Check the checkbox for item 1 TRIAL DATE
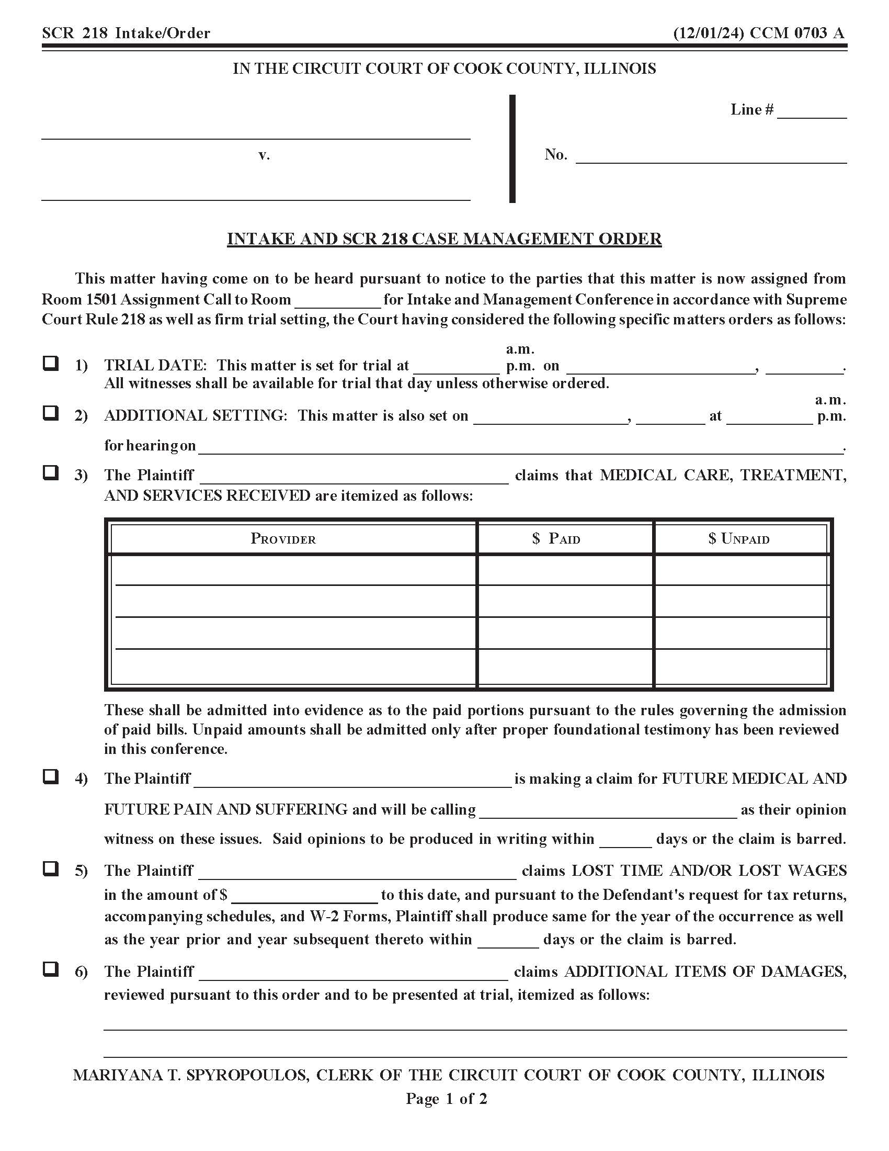(x=51, y=363)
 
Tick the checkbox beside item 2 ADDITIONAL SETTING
(x=51, y=413)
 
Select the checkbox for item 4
(x=51, y=776)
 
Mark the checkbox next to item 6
(x=51, y=968)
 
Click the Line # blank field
(x=812, y=112)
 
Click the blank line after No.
(x=711, y=156)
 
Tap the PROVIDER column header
(x=283, y=538)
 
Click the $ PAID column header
(x=556, y=538)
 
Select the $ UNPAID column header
(x=738, y=538)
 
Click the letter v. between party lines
(x=264, y=155)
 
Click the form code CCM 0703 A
(x=796, y=33)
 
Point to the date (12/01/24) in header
(x=709, y=33)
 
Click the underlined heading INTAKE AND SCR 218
(x=444, y=239)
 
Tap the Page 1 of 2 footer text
(x=446, y=1098)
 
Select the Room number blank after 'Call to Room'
(x=338, y=300)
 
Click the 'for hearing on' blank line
(x=520, y=447)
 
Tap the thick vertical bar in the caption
(x=512, y=149)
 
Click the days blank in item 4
(x=625, y=840)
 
